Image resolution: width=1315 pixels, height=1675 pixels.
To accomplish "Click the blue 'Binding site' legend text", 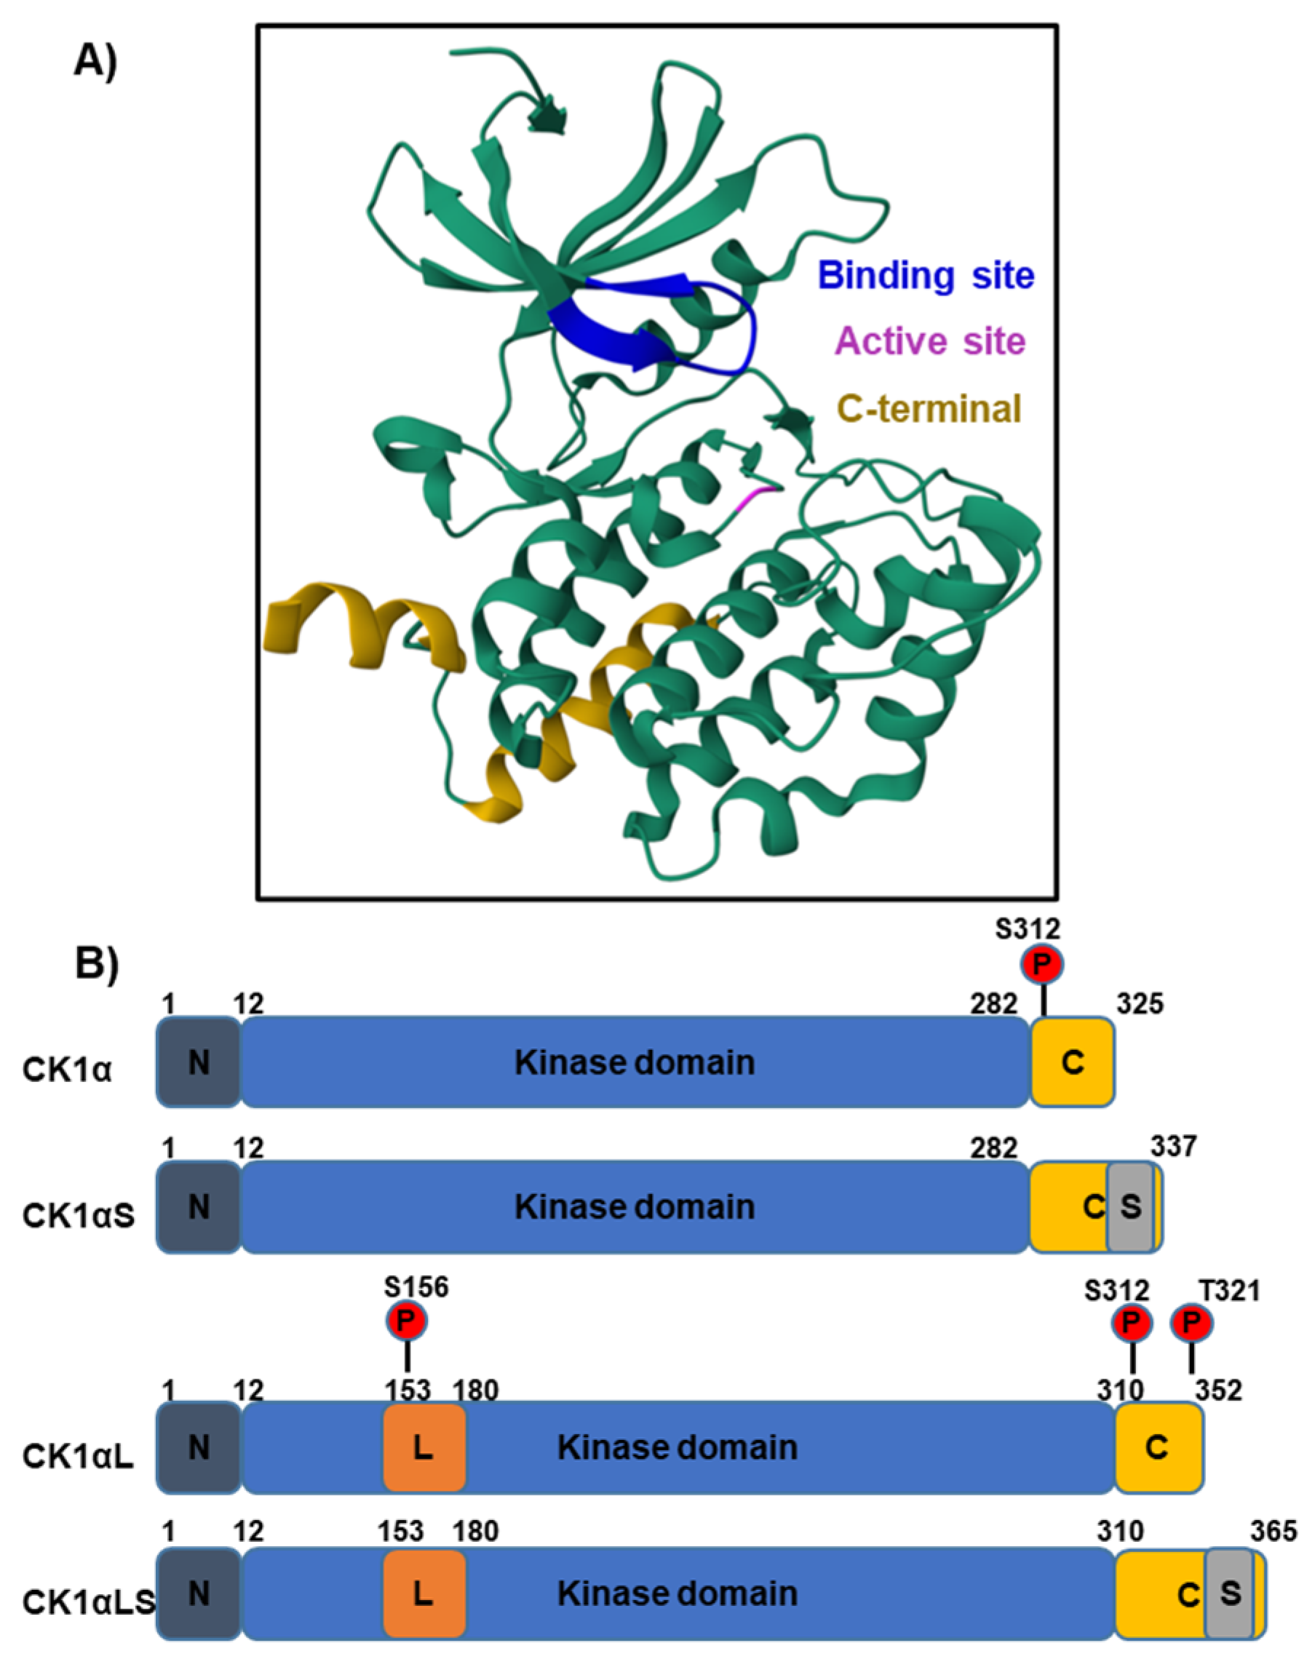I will tap(926, 276).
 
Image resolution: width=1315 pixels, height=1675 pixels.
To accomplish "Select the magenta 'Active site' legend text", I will tap(930, 342).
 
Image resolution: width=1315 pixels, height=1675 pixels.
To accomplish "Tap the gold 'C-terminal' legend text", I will tap(929, 409).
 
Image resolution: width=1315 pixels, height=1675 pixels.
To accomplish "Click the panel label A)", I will tap(95, 62).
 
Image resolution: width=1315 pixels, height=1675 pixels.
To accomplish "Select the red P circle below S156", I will tap(406, 1321).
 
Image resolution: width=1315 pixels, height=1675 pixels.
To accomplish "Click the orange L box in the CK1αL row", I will tap(424, 1447).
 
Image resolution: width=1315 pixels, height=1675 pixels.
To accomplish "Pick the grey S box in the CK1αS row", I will tap(1130, 1206).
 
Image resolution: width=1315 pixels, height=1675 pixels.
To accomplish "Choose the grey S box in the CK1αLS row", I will tap(1230, 1592).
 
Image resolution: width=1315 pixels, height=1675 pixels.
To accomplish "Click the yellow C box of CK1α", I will tap(1073, 1062).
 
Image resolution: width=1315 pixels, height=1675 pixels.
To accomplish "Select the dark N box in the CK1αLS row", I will tap(199, 1593).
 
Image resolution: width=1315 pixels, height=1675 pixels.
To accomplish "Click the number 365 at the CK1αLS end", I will tap(1274, 1531).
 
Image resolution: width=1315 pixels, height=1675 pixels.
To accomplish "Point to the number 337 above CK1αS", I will tap(1173, 1146).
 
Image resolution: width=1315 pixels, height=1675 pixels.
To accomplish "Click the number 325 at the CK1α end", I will tap(1140, 1004).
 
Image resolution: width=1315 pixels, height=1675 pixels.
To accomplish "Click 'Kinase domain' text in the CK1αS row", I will tap(635, 1206).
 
